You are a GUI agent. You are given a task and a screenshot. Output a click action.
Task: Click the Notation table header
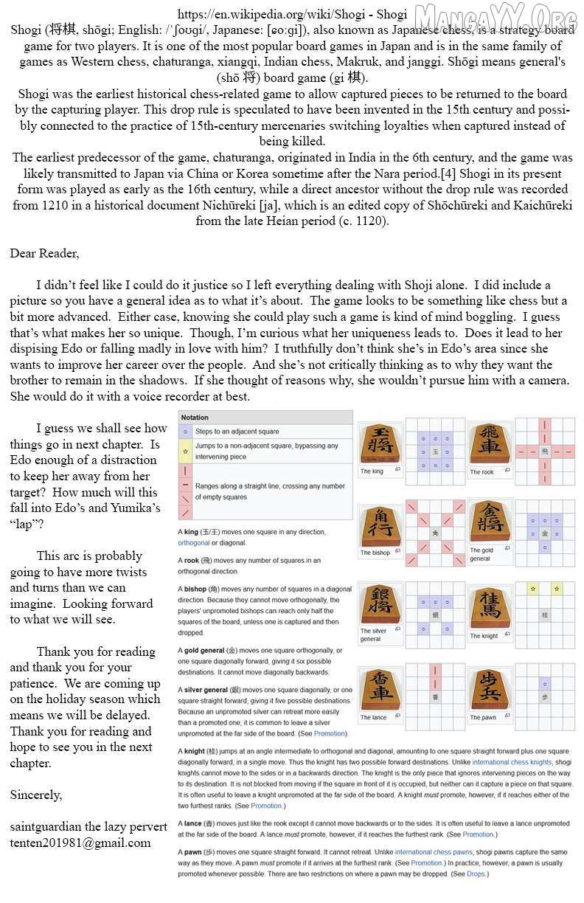195,418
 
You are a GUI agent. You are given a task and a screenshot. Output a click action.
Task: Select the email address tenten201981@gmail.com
80,843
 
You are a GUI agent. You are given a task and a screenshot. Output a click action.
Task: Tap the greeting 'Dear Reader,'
44,253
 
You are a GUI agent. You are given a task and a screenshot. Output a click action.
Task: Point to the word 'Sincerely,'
36,795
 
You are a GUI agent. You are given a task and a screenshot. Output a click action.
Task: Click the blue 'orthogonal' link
194,543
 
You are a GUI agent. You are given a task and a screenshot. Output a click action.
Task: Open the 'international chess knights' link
511,762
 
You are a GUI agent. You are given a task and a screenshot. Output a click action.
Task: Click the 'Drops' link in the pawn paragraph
476,874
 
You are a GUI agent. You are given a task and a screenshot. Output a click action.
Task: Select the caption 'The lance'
373,717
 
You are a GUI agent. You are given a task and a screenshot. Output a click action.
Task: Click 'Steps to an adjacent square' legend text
237,432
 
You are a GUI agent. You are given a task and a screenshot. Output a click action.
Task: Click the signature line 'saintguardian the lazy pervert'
88,826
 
